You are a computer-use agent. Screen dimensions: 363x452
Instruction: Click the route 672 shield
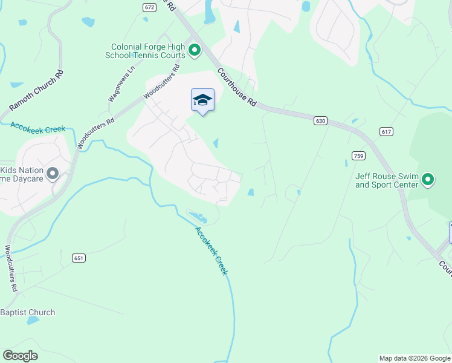point(149,7)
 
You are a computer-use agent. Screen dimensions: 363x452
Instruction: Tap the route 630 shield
point(320,121)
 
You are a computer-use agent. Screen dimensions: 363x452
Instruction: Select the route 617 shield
point(387,131)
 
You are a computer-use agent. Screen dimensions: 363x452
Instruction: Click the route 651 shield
point(80,258)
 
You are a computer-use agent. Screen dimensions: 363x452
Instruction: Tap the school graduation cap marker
point(202,100)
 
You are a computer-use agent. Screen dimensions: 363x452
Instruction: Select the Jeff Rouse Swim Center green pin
point(428,179)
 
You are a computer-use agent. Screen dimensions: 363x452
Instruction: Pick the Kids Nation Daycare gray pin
point(53,174)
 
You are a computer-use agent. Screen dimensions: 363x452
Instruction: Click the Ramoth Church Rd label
point(36,91)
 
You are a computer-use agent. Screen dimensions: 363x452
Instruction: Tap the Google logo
point(20,356)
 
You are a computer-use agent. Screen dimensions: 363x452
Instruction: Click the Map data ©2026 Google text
point(415,358)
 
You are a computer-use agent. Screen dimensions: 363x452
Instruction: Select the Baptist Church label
point(28,313)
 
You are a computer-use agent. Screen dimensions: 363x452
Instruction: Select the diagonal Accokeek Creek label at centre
point(211,250)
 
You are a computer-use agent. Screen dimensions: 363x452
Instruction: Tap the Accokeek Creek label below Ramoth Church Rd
point(37,128)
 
